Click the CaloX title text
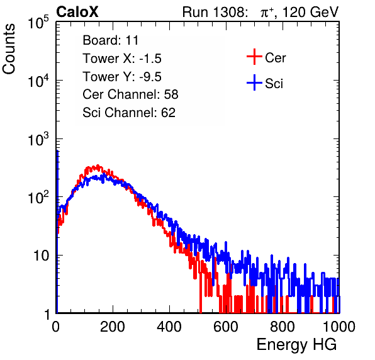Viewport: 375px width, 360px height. pyautogui.click(x=77, y=11)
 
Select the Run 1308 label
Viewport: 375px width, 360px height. pyautogui.click(x=215, y=12)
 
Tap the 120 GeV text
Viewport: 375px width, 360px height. pyautogui.click(x=310, y=12)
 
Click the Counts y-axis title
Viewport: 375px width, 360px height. pyautogui.click(x=9, y=49)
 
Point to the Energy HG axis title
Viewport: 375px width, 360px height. pyautogui.click(x=296, y=344)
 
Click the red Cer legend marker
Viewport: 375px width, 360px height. pyautogui.click(x=254, y=57)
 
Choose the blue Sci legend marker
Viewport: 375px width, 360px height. pyautogui.click(x=254, y=82)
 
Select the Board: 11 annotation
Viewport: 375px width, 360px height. pyautogui.click(x=111, y=40)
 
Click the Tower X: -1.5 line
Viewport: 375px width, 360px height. pyautogui.click(x=122, y=59)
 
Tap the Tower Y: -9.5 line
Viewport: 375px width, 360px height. pyautogui.click(x=122, y=77)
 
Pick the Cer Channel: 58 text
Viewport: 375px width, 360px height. pyautogui.click(x=130, y=94)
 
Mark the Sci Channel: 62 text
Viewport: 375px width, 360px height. pyautogui.click(x=129, y=113)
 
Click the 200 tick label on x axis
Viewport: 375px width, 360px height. pyautogui.click(x=113, y=327)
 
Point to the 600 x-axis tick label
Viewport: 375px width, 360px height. pyautogui.click(x=226, y=327)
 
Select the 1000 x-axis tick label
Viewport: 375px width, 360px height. pyautogui.click(x=339, y=327)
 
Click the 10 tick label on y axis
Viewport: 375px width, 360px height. pyautogui.click(x=42, y=256)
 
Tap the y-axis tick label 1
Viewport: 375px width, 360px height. pyautogui.click(x=47, y=314)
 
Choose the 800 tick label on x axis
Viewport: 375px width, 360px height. pyautogui.click(x=283, y=327)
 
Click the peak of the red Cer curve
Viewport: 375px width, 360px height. pyautogui.click(x=98, y=166)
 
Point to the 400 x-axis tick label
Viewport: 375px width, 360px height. pyautogui.click(x=169, y=327)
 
